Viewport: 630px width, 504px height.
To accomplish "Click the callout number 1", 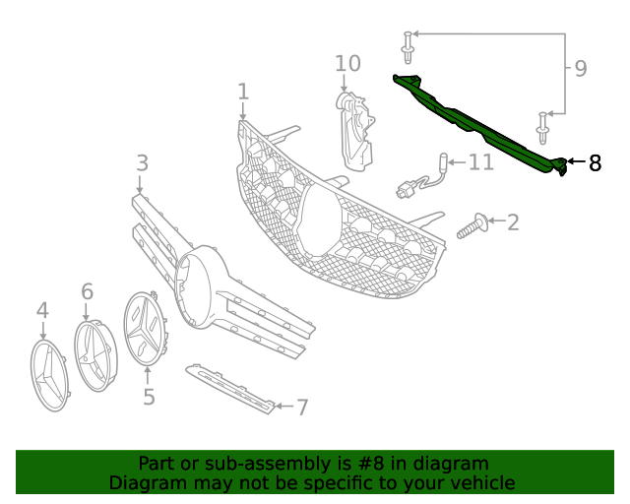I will click(x=242, y=92).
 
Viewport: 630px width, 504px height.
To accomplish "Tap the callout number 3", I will click(x=142, y=162).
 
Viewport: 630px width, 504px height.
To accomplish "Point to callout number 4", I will click(x=42, y=311).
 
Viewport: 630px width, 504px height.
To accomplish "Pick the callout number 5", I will click(x=149, y=397).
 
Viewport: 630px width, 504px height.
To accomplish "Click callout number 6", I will click(x=87, y=290).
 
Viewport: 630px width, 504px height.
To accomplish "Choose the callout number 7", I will click(x=302, y=406).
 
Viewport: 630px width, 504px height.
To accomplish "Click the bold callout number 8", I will click(x=595, y=163).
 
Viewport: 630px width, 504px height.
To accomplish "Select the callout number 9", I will click(x=581, y=69).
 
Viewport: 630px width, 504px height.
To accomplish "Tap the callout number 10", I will click(x=347, y=64).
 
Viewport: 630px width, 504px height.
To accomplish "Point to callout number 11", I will click(x=480, y=160).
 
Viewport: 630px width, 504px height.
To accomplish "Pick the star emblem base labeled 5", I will click(x=146, y=327).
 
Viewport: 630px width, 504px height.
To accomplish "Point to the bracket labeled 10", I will click(x=355, y=128).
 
